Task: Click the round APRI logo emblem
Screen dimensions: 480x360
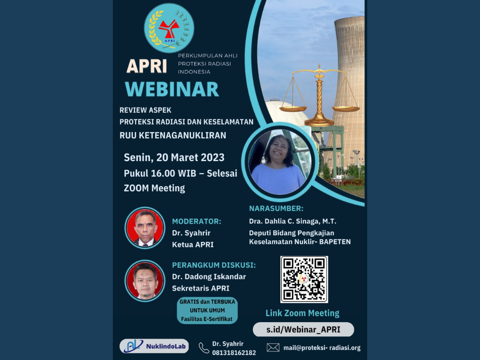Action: pyautogui.click(x=169, y=28)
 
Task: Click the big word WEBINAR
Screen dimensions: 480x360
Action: pyautogui.click(x=172, y=89)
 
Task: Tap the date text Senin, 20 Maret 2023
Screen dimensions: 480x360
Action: pyautogui.click(x=174, y=157)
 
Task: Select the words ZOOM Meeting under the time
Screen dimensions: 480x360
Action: pyautogui.click(x=154, y=188)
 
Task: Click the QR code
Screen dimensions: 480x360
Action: pyautogui.click(x=304, y=279)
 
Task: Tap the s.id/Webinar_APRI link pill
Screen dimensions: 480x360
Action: pyautogui.click(x=303, y=329)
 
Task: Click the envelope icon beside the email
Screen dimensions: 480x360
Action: pyautogui.click(x=273, y=348)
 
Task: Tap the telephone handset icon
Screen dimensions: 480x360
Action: pyautogui.click(x=204, y=348)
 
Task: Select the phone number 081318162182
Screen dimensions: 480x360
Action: pyautogui.click(x=234, y=353)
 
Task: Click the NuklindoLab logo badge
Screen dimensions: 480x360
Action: pyautogui.click(x=154, y=346)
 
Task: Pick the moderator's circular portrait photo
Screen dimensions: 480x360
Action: pyautogui.click(x=145, y=228)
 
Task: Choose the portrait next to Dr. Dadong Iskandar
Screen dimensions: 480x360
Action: pyautogui.click(x=145, y=281)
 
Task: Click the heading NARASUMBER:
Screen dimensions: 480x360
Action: pyautogui.click(x=276, y=208)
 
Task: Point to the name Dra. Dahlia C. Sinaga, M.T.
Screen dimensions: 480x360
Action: pyautogui.click(x=293, y=221)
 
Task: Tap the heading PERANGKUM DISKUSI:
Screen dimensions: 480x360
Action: pyautogui.click(x=214, y=265)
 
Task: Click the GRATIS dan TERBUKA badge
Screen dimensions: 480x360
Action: pyautogui.click(x=207, y=311)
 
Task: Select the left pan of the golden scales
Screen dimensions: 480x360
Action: pyautogui.click(x=293, y=108)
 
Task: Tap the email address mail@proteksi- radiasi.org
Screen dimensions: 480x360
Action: pyautogui.click(x=322, y=348)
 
